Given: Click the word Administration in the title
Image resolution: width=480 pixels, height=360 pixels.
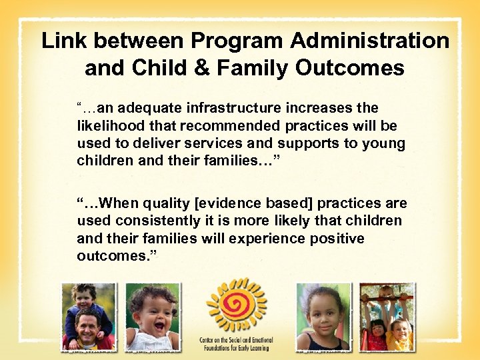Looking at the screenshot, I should click(369, 41).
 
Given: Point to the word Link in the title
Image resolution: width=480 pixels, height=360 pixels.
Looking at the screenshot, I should click(65, 41).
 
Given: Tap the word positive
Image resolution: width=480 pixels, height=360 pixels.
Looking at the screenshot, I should click(337, 238).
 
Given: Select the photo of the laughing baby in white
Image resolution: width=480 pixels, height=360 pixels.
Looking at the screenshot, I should click(153, 317).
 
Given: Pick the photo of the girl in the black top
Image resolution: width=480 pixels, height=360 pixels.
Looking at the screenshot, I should click(323, 317).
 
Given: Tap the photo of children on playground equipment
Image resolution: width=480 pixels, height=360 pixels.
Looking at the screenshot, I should click(387, 317).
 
